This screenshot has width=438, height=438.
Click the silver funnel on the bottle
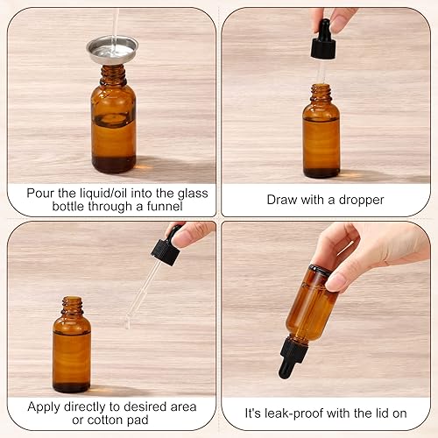click(x=112, y=49)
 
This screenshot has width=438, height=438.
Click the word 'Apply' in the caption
click(x=46, y=406)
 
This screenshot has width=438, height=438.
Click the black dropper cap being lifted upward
click(x=323, y=40)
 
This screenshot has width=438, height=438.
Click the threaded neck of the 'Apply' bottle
click(x=73, y=307)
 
